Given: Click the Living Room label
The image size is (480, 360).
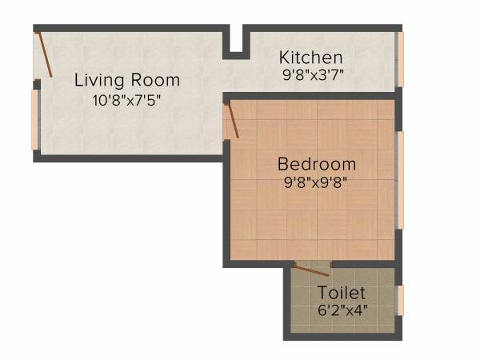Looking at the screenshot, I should [x=127, y=81].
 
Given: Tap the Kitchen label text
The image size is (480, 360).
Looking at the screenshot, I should [x=311, y=58].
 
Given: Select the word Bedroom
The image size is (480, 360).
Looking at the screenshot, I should [x=317, y=164].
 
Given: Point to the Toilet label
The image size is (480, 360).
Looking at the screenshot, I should [x=342, y=293].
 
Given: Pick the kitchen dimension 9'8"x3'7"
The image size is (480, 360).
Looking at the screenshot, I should [x=311, y=78].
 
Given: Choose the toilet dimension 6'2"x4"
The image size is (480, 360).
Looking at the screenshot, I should [x=343, y=310].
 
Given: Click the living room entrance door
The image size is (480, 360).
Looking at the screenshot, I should [x=44, y=54].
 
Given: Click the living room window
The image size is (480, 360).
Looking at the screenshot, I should [x=34, y=118].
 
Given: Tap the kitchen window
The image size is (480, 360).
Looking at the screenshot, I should [x=402, y=58].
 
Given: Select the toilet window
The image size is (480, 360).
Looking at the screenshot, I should [x=401, y=299].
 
